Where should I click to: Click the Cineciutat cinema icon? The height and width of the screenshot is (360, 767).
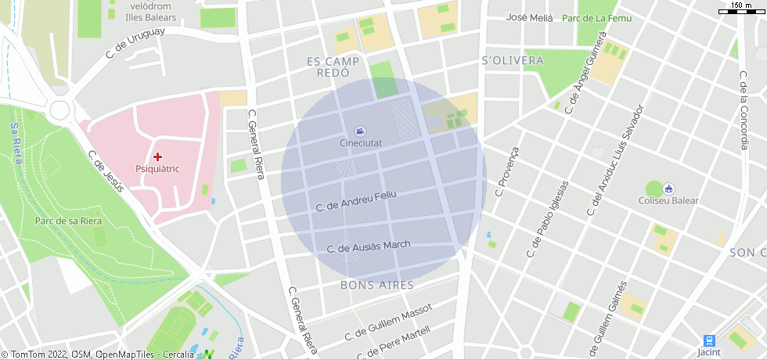point(360,131)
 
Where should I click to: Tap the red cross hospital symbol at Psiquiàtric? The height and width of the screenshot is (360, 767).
point(158,157)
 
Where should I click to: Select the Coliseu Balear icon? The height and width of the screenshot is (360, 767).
point(669,189)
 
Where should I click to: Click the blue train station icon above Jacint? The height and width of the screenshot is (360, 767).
point(709,340)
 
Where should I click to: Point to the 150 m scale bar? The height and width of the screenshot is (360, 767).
point(742,10)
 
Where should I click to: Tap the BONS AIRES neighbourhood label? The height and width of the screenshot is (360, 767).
point(377,285)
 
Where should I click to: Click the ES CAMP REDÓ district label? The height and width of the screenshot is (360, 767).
point(333,67)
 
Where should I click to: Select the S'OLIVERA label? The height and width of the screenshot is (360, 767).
point(513,60)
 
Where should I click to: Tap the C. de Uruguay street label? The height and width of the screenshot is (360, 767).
point(135,43)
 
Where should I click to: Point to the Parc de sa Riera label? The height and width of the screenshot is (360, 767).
point(69,221)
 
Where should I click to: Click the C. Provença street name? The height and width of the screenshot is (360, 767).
point(506,171)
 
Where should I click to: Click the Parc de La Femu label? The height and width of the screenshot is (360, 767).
point(597,18)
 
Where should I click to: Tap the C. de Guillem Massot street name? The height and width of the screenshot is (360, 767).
point(388,323)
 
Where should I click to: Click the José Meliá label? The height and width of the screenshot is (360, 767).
point(530,18)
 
